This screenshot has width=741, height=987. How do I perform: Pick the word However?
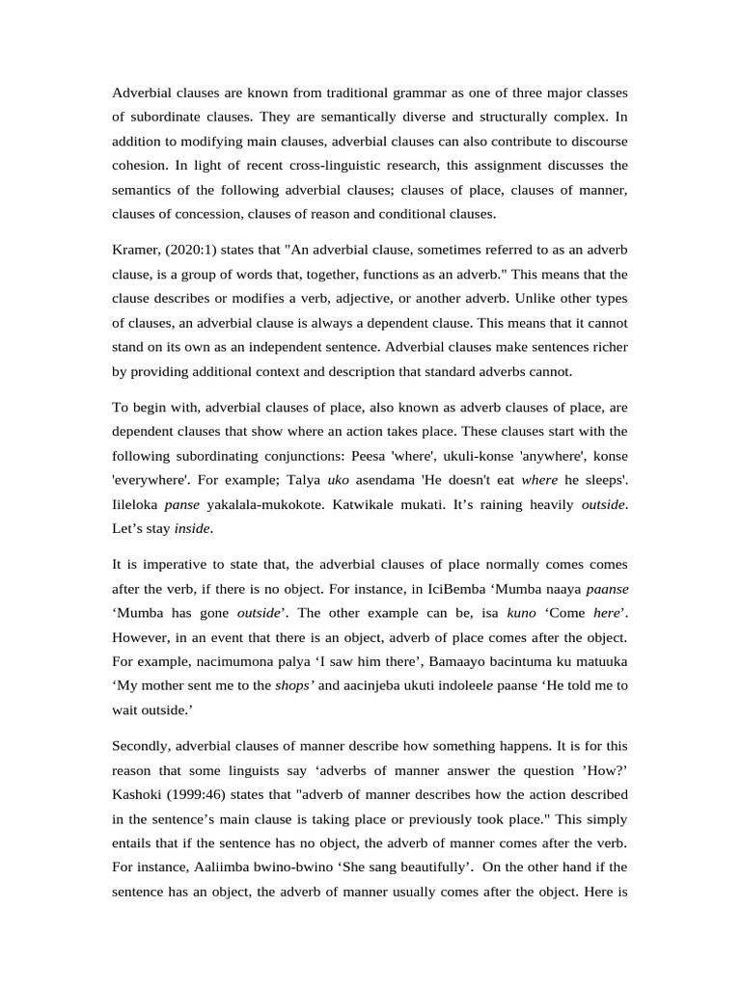tap(144, 638)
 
